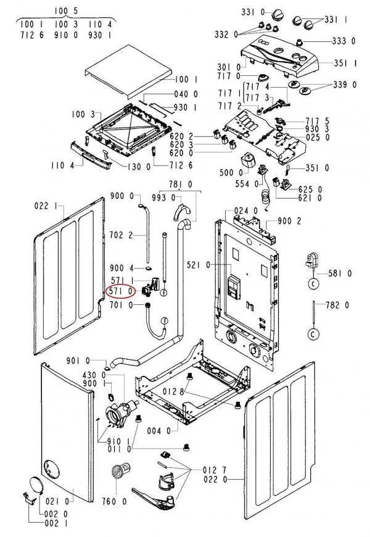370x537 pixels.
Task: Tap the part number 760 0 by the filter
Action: pyautogui.click(x=115, y=501)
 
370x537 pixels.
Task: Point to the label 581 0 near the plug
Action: pyautogui.click(x=340, y=273)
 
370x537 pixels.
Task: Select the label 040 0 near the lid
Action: pyautogui.click(x=186, y=94)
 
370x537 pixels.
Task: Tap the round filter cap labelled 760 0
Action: pyautogui.click(x=117, y=473)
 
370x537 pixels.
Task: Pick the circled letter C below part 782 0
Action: pyautogui.click(x=314, y=335)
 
